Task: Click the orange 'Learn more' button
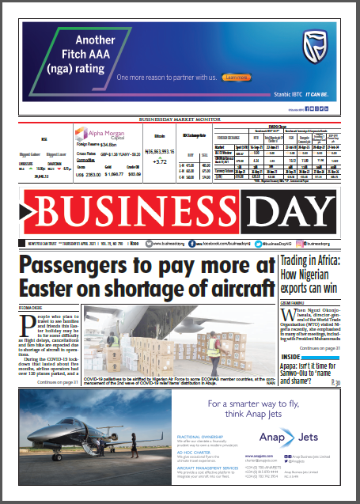pyautogui.click(x=237, y=78)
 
